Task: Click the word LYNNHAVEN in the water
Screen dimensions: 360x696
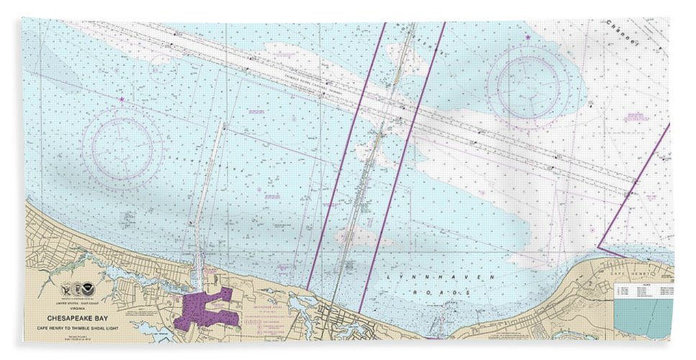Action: pos(411,278)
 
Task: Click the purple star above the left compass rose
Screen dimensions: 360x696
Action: pos(122,99)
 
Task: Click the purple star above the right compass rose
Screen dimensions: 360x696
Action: pos(529,35)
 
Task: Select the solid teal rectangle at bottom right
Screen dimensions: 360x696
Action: pos(643,318)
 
